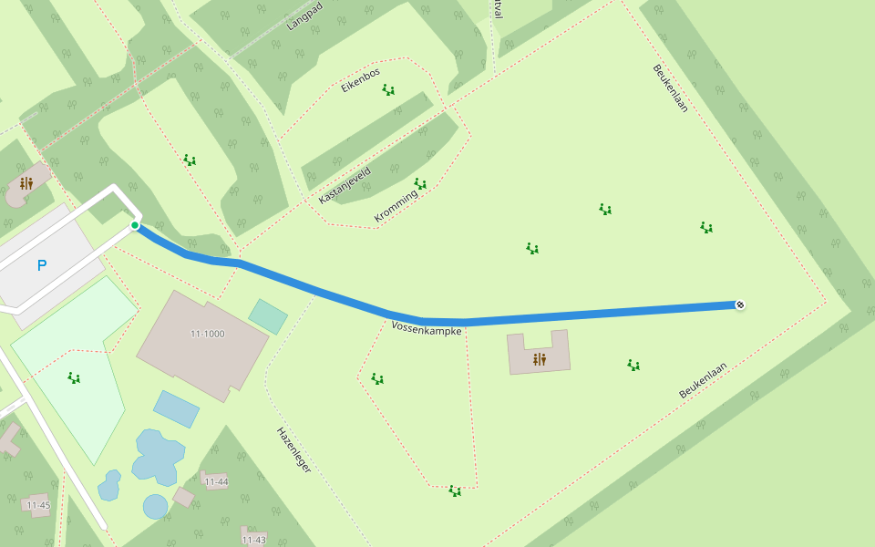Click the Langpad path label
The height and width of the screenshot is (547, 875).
tap(305, 15)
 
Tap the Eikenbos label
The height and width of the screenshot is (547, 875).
tap(360, 80)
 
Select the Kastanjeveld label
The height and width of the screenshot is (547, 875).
tap(345, 184)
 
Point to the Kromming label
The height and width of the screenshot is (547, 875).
tap(396, 206)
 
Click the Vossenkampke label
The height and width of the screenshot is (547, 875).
tap(427, 327)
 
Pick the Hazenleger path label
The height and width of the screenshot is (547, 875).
tap(293, 449)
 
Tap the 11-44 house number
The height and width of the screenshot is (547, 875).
tap(216, 481)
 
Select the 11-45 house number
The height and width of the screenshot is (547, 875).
tap(38, 504)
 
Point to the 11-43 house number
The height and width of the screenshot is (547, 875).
tap(253, 540)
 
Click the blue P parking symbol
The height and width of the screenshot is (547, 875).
tap(41, 265)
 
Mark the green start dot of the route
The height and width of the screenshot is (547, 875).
tap(135, 225)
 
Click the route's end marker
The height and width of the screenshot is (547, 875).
tap(740, 304)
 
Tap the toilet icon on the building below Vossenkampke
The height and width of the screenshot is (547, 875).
tap(539, 359)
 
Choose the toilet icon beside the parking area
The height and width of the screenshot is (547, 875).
tap(26, 183)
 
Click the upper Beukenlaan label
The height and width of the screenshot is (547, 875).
tap(670, 88)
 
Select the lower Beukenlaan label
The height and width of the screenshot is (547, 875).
tap(703, 380)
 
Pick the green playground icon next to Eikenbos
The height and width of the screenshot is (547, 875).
tap(388, 89)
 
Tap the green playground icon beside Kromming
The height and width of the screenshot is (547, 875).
tap(420, 183)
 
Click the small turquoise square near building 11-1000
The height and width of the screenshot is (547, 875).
tap(268, 316)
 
